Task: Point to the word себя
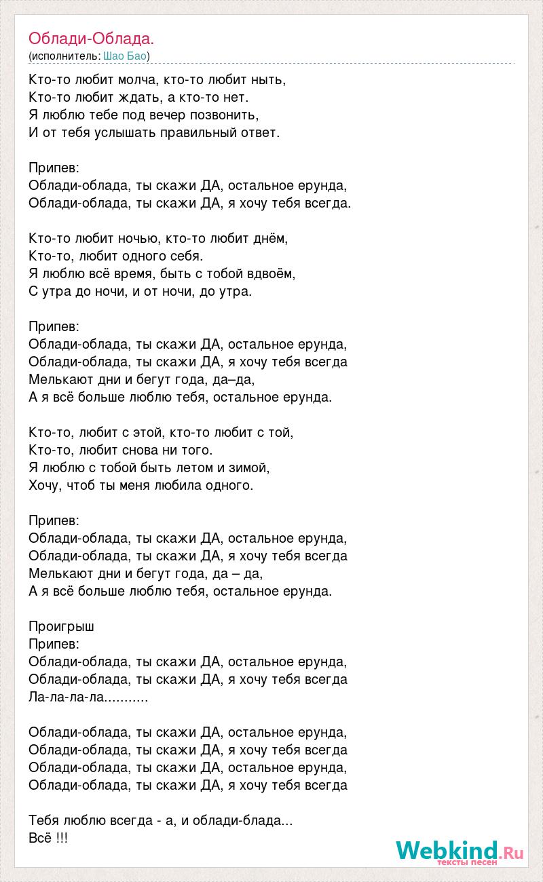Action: click(x=186, y=256)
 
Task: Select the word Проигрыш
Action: click(x=62, y=626)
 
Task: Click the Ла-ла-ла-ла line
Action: click(x=88, y=697)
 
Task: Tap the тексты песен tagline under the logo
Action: click(x=468, y=862)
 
